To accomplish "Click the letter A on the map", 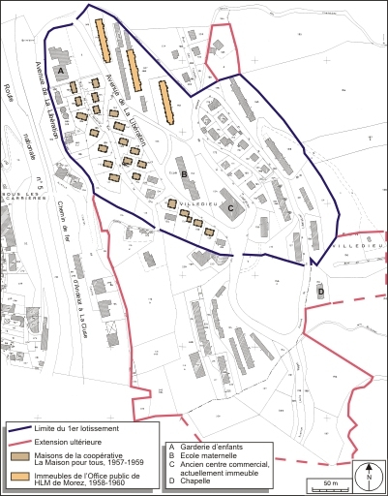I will (60, 72).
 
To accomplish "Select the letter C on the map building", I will (230, 206).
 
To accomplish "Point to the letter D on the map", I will (320, 291).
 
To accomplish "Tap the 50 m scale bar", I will (330, 481).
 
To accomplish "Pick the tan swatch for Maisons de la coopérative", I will (19, 454).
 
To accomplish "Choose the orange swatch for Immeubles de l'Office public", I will (19, 476).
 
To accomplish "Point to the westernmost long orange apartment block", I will (103, 41).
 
